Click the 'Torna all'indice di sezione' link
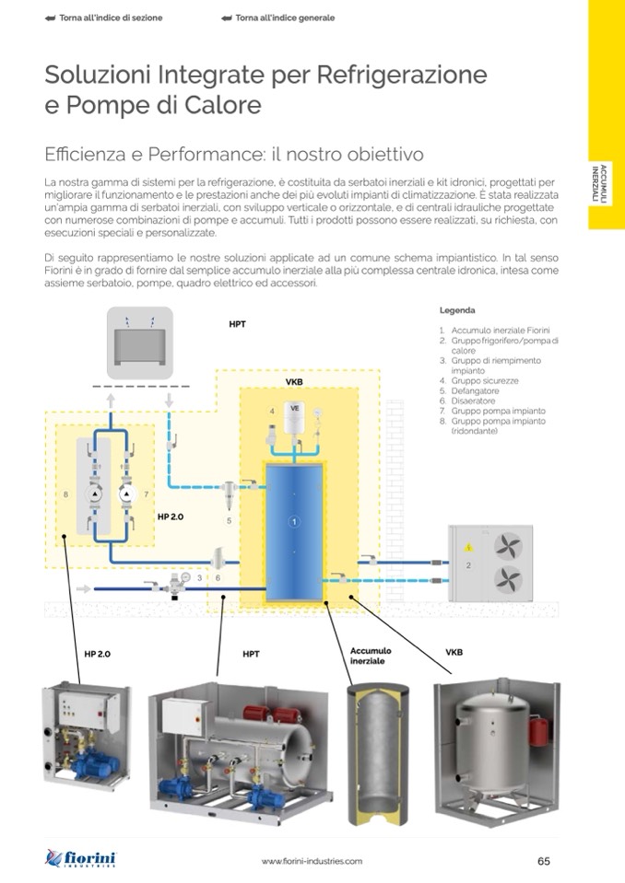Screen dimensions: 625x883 [103, 18]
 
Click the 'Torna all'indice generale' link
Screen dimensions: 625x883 [279, 18]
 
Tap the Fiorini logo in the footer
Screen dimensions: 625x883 [80, 859]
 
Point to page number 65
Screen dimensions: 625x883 [543, 861]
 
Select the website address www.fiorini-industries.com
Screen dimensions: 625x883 [312, 861]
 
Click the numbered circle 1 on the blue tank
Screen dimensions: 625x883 [294, 522]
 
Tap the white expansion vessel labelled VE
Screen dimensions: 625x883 [294, 417]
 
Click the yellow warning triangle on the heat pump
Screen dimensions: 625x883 [468, 547]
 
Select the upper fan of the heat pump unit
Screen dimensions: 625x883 [508, 546]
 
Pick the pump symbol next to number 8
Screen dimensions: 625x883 [95, 494]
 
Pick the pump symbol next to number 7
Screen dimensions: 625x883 [127, 494]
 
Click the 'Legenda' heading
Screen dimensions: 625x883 [457, 310]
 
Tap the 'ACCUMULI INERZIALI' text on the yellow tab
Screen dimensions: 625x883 [599, 184]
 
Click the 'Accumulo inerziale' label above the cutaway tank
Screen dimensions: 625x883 [371, 656]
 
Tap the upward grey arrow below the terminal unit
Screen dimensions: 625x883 [111, 401]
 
